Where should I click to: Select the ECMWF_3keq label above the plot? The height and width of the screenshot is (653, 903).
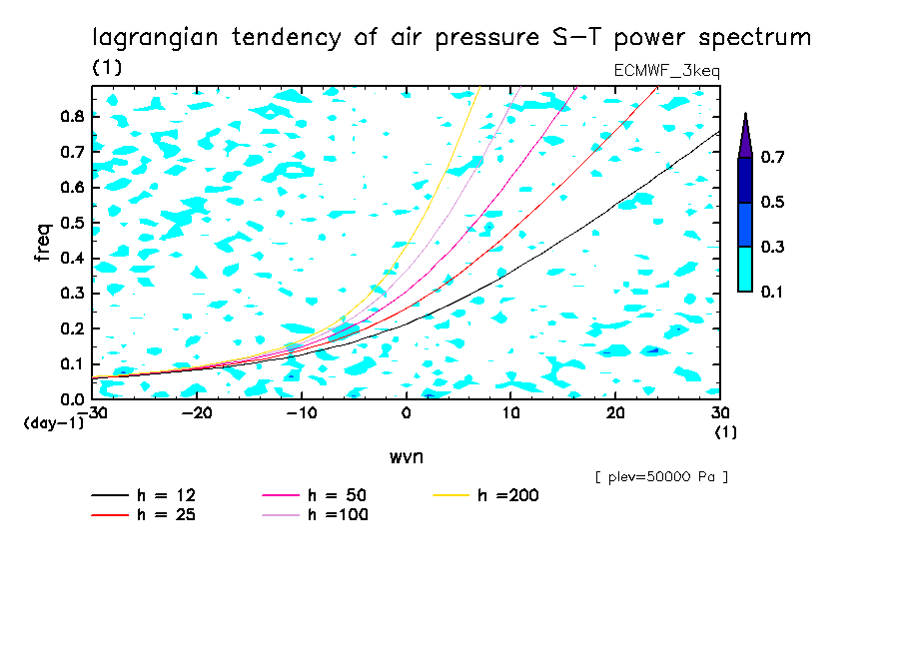pos(666,71)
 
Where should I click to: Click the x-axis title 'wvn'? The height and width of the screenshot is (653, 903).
pos(406,456)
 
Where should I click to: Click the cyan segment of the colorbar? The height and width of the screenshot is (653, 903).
pos(745,269)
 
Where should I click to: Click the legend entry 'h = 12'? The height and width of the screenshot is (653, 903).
pos(168,496)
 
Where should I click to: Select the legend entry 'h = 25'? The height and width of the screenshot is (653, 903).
pos(168,515)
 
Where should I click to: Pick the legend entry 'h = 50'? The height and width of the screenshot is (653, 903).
pos(339,496)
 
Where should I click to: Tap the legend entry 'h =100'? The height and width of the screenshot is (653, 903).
pos(339,515)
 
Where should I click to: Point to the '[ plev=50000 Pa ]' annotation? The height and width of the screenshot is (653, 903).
pos(661,477)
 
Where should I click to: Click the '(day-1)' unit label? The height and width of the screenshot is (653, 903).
pos(54,422)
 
